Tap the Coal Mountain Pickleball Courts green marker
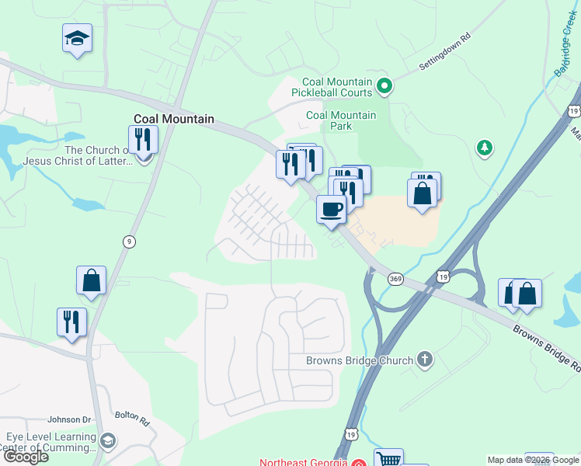tap(384, 87)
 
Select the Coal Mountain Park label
tap(341, 121)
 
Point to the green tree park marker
tap(484, 147)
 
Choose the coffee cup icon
tap(332, 210)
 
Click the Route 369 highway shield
tap(395, 277)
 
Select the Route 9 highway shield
tap(128, 242)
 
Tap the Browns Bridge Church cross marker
tap(424, 360)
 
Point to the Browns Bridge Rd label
tap(545, 346)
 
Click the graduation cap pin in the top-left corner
tap(77, 39)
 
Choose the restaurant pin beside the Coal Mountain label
tap(143, 140)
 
